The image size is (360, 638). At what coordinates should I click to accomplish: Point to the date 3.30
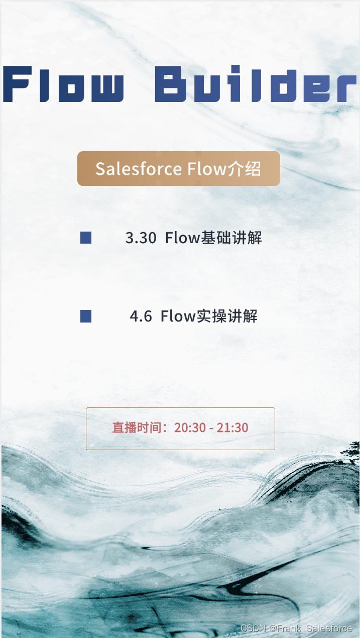(x=141, y=238)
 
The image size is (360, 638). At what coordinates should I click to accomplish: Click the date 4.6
(x=141, y=316)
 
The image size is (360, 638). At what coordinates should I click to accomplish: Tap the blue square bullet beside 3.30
(x=86, y=238)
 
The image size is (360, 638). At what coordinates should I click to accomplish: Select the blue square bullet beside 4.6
(x=86, y=316)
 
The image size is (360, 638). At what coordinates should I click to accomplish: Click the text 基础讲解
(x=231, y=238)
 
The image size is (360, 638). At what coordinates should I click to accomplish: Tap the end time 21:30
(x=232, y=428)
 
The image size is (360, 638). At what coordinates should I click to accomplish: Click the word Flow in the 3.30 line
(x=183, y=238)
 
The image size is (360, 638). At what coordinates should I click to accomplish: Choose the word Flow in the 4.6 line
(x=178, y=316)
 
